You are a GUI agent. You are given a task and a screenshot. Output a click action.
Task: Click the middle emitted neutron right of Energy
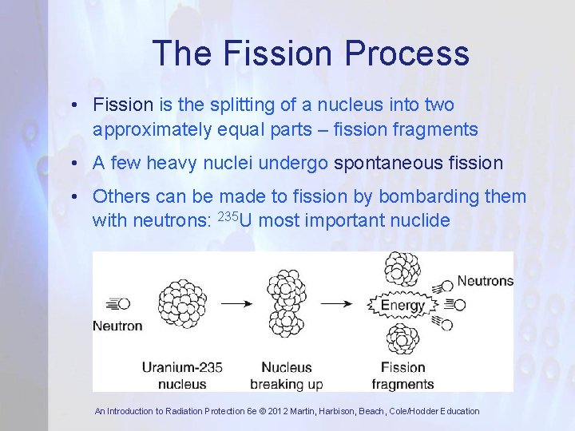(x=456, y=304)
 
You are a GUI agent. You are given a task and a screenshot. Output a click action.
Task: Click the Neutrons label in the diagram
(x=484, y=281)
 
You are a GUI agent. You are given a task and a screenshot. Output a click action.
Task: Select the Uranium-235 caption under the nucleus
(x=182, y=367)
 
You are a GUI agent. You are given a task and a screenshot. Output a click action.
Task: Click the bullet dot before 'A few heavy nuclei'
(x=72, y=164)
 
